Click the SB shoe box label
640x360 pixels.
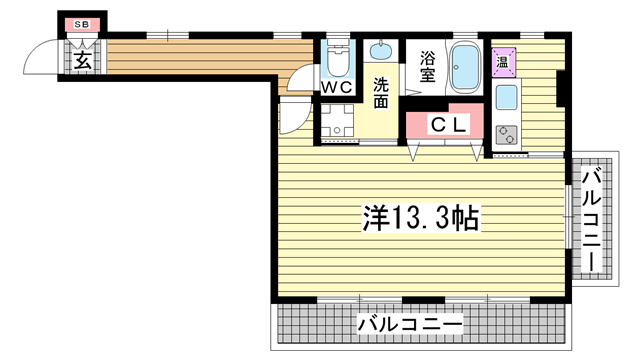pyautogui.click(x=82, y=24)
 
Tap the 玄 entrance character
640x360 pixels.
pyautogui.click(x=81, y=60)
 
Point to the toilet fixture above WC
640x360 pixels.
pyautogui.click(x=337, y=62)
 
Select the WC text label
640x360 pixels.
pyautogui.click(x=336, y=89)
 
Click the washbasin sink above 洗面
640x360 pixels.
pyautogui.click(x=381, y=50)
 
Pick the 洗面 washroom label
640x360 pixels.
pyautogui.click(x=381, y=91)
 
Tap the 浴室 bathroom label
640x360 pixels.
pyautogui.click(x=427, y=66)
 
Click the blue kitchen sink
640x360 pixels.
pyautogui.click(x=505, y=99)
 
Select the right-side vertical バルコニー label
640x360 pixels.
pyautogui.click(x=590, y=217)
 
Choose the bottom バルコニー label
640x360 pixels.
pyautogui.click(x=409, y=324)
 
